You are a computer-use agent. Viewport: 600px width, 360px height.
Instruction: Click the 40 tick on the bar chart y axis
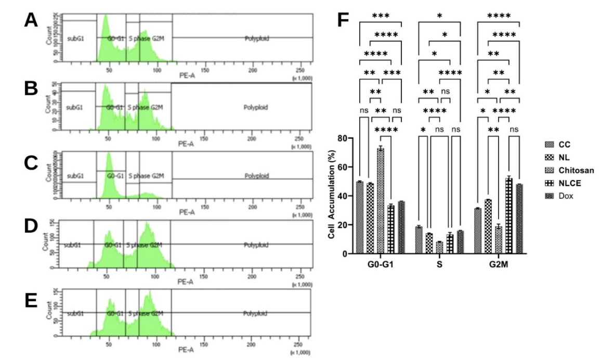point(341,196)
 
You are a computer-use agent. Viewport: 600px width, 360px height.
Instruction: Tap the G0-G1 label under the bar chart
point(380,264)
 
